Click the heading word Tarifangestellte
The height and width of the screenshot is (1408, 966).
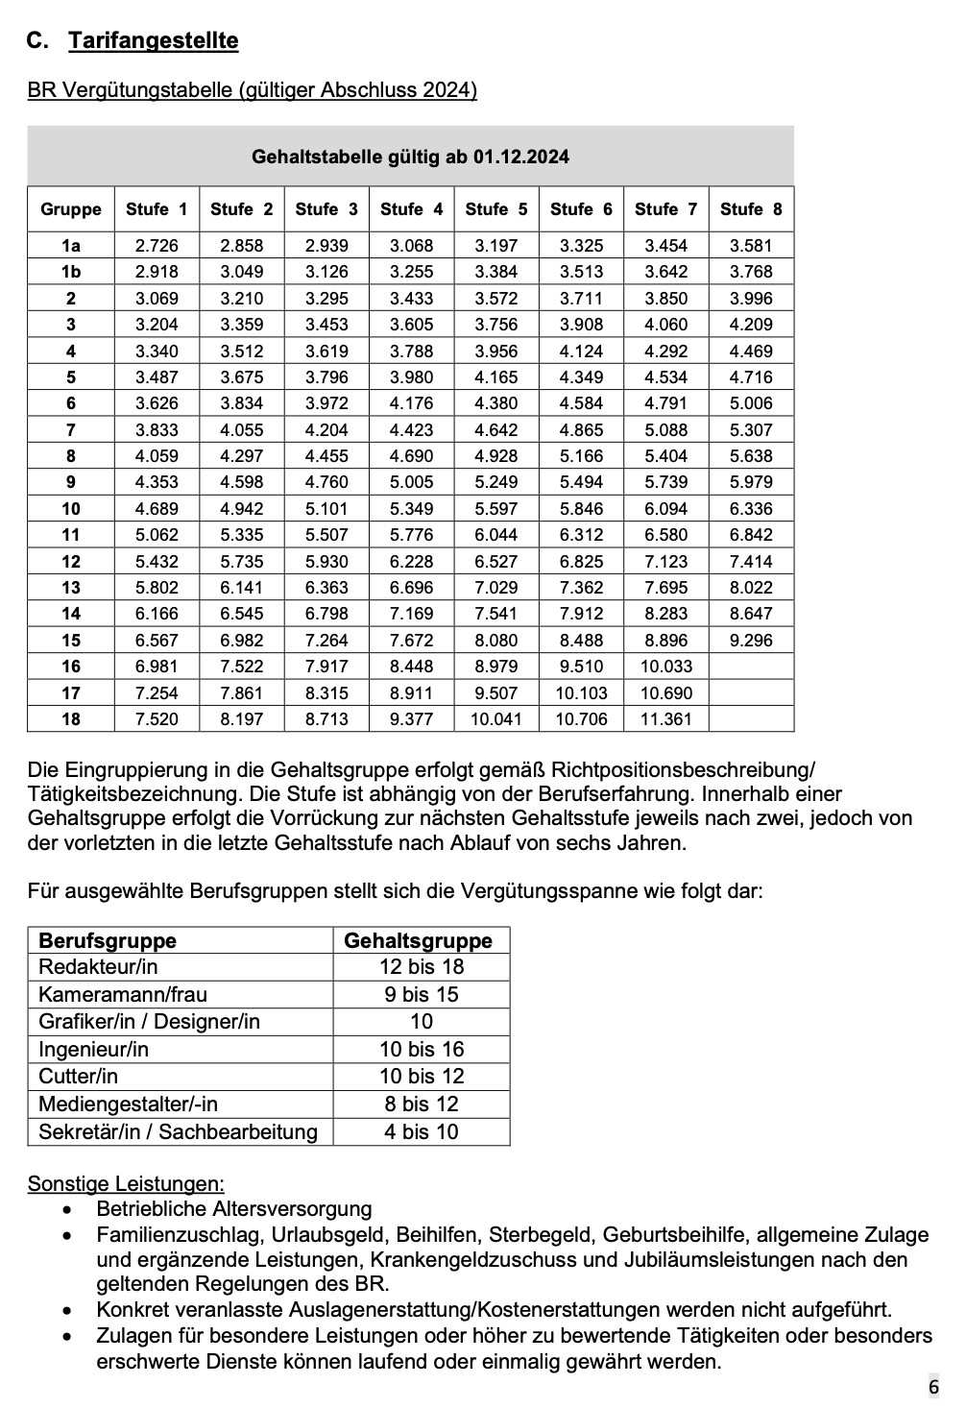pos(154,40)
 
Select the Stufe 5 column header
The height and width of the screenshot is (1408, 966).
pos(496,208)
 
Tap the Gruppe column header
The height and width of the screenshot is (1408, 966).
pos(71,208)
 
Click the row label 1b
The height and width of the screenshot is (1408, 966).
pos(71,272)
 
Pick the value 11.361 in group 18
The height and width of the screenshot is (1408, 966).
pos(666,718)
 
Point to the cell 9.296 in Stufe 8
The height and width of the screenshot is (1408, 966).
pos(751,640)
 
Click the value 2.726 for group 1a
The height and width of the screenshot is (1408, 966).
pos(157,246)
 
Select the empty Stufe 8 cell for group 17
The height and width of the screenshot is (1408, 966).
pos(751,692)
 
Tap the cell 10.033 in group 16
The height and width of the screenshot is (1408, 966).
pos(666,667)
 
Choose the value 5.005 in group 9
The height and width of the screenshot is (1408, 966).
pos(411,482)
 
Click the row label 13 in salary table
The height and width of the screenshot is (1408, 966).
pos(71,587)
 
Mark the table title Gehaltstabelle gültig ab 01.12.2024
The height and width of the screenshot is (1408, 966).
pos(410,156)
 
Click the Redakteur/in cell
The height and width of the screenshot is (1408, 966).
pos(98,967)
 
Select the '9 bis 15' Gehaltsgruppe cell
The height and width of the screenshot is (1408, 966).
pos(422,994)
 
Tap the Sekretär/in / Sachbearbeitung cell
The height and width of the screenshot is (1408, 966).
pos(178,1131)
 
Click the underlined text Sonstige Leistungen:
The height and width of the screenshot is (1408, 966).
pos(126,1183)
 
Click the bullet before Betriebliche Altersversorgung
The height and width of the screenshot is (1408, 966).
pos(66,1210)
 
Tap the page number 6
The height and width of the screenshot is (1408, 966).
pos(933,1387)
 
